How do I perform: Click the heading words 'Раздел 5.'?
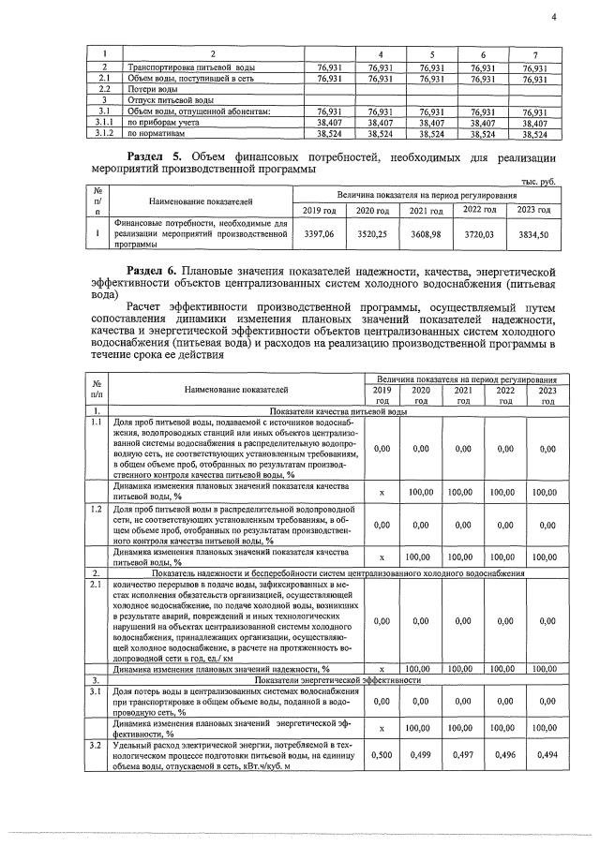(156, 156)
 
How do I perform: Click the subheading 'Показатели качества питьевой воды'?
(338, 411)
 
